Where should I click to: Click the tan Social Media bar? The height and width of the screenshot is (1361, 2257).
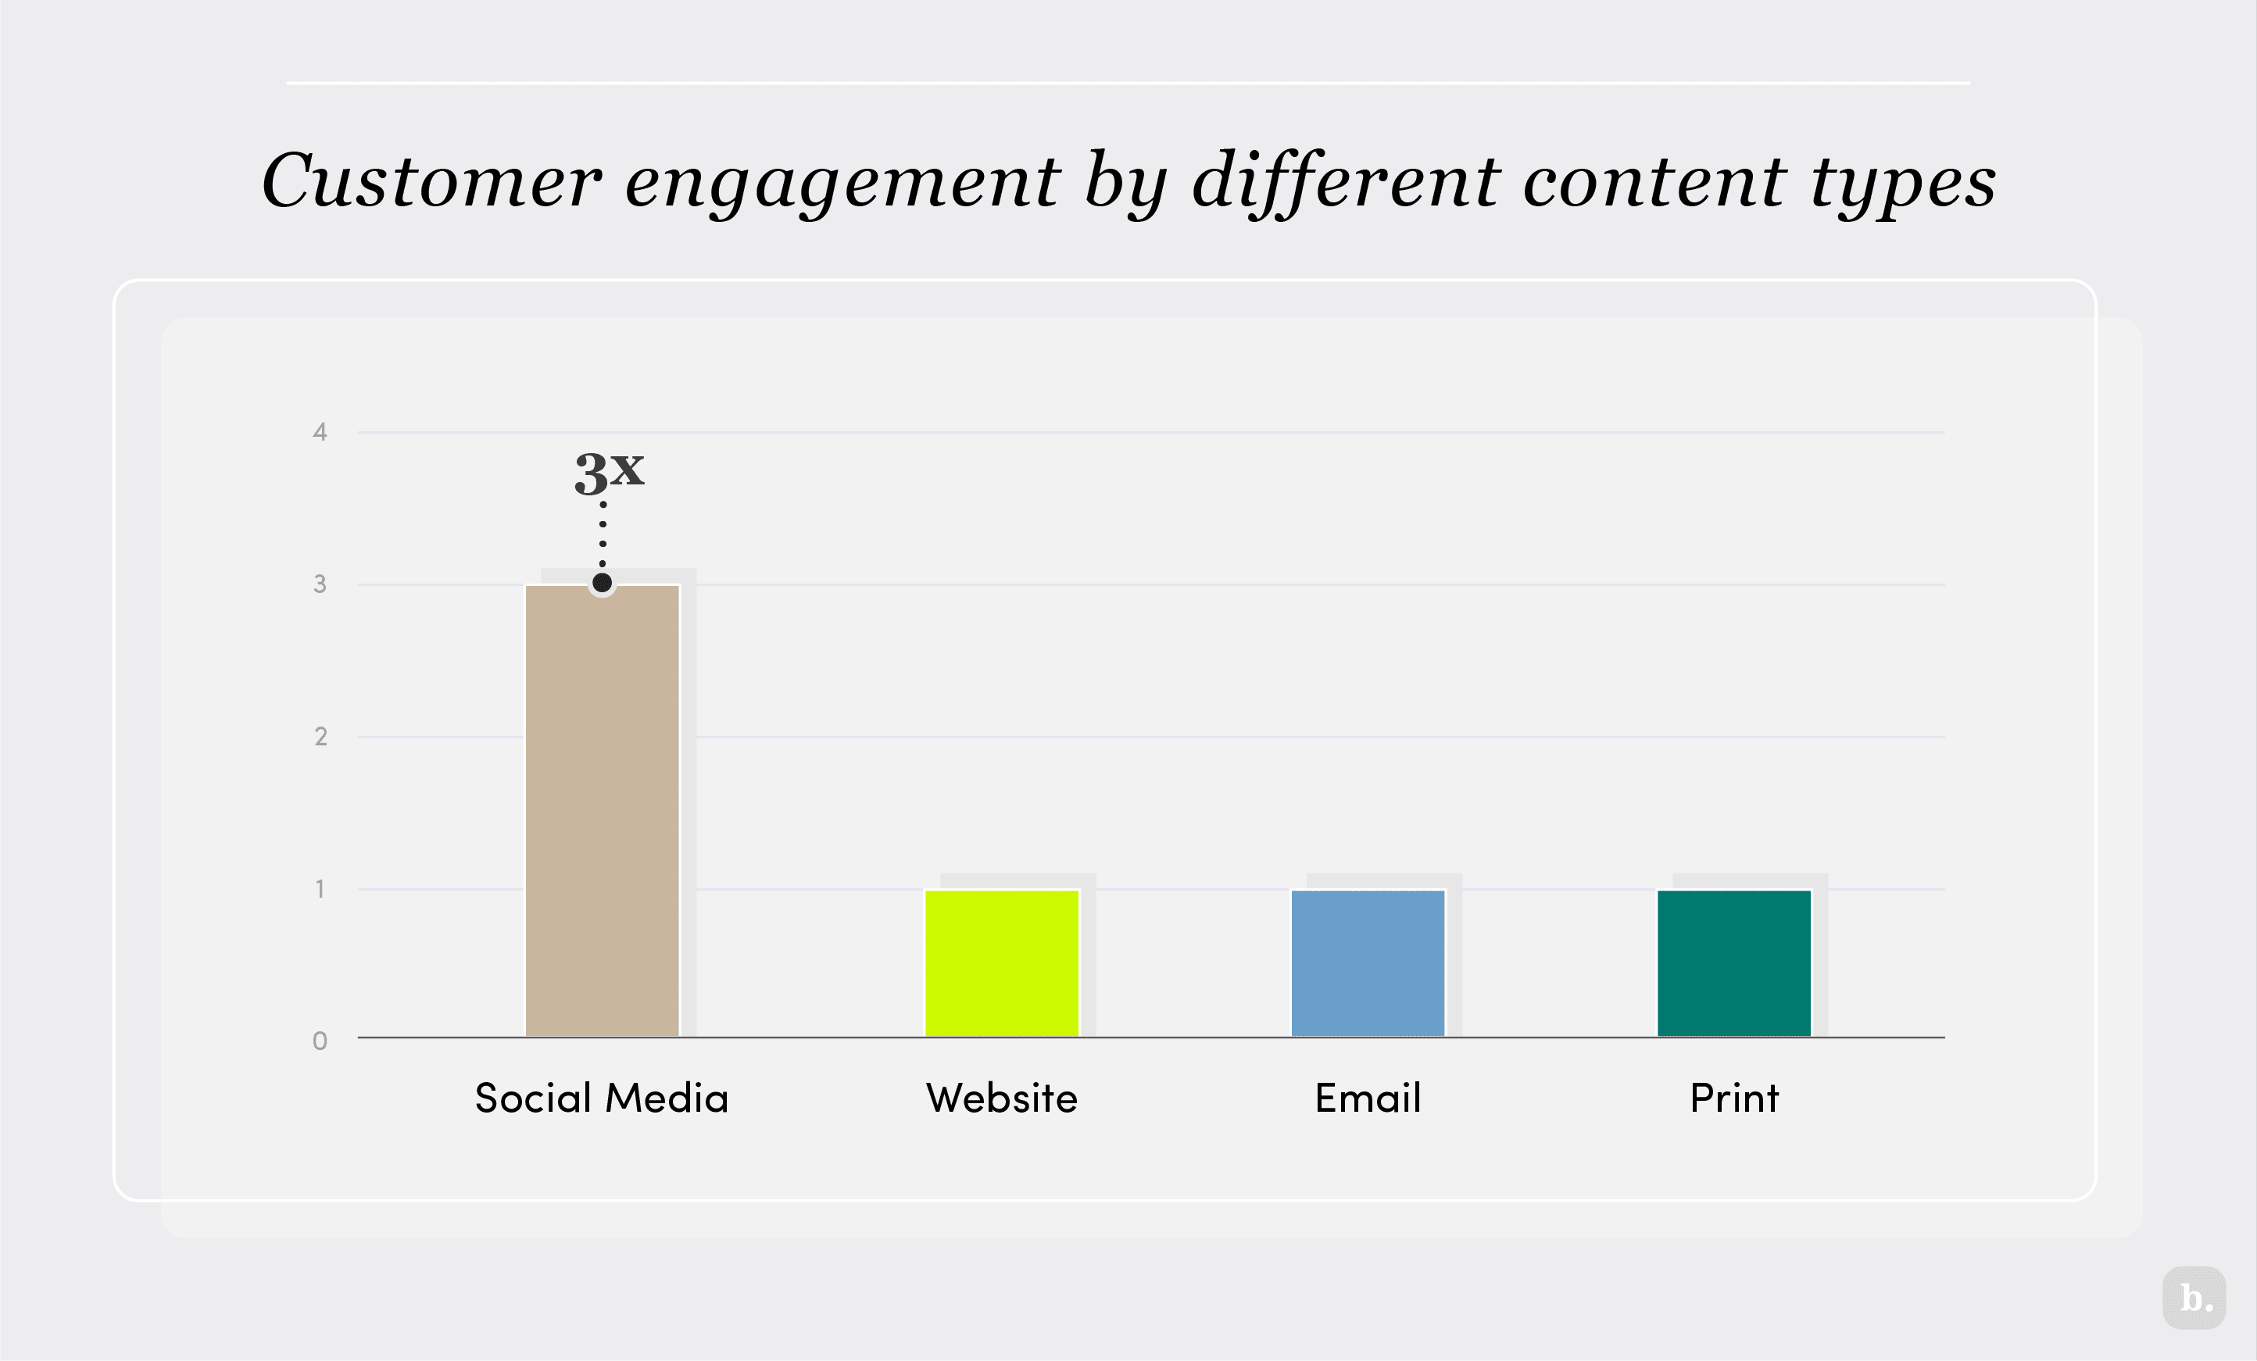[602, 810]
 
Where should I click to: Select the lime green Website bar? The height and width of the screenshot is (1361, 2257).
[1001, 963]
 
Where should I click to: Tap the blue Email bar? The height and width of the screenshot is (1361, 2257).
[1368, 963]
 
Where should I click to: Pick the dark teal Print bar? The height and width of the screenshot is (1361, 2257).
[1734, 963]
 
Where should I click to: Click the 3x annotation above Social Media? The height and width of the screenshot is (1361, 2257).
[609, 473]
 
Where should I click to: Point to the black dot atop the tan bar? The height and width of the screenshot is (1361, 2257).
[602, 583]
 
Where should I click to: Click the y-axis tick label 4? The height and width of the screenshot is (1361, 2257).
[320, 432]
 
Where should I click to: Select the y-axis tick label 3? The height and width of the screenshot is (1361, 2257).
[320, 584]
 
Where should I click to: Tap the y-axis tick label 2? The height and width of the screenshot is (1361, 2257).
[320, 737]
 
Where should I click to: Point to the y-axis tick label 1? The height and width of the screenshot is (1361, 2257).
[320, 888]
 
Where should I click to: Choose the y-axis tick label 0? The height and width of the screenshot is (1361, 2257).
[320, 1041]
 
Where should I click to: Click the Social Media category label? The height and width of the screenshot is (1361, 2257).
[601, 1097]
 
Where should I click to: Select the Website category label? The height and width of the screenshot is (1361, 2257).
[1001, 1097]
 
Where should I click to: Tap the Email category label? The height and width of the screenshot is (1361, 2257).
[1368, 1097]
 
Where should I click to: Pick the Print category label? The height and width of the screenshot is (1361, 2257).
[1734, 1097]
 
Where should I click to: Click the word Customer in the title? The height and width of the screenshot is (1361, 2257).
[431, 181]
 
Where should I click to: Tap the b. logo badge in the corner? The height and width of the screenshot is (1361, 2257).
[2194, 1298]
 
